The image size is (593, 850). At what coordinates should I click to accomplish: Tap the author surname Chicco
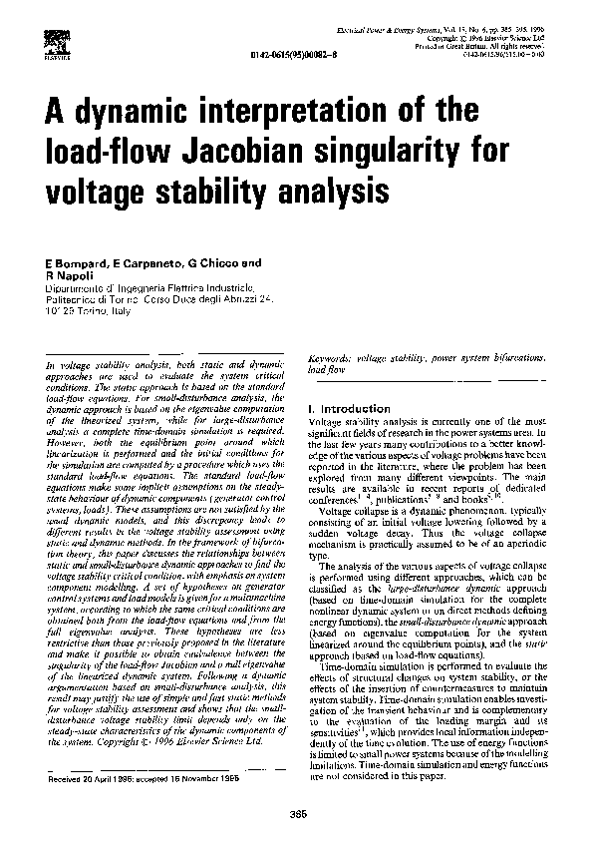coord(221,263)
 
